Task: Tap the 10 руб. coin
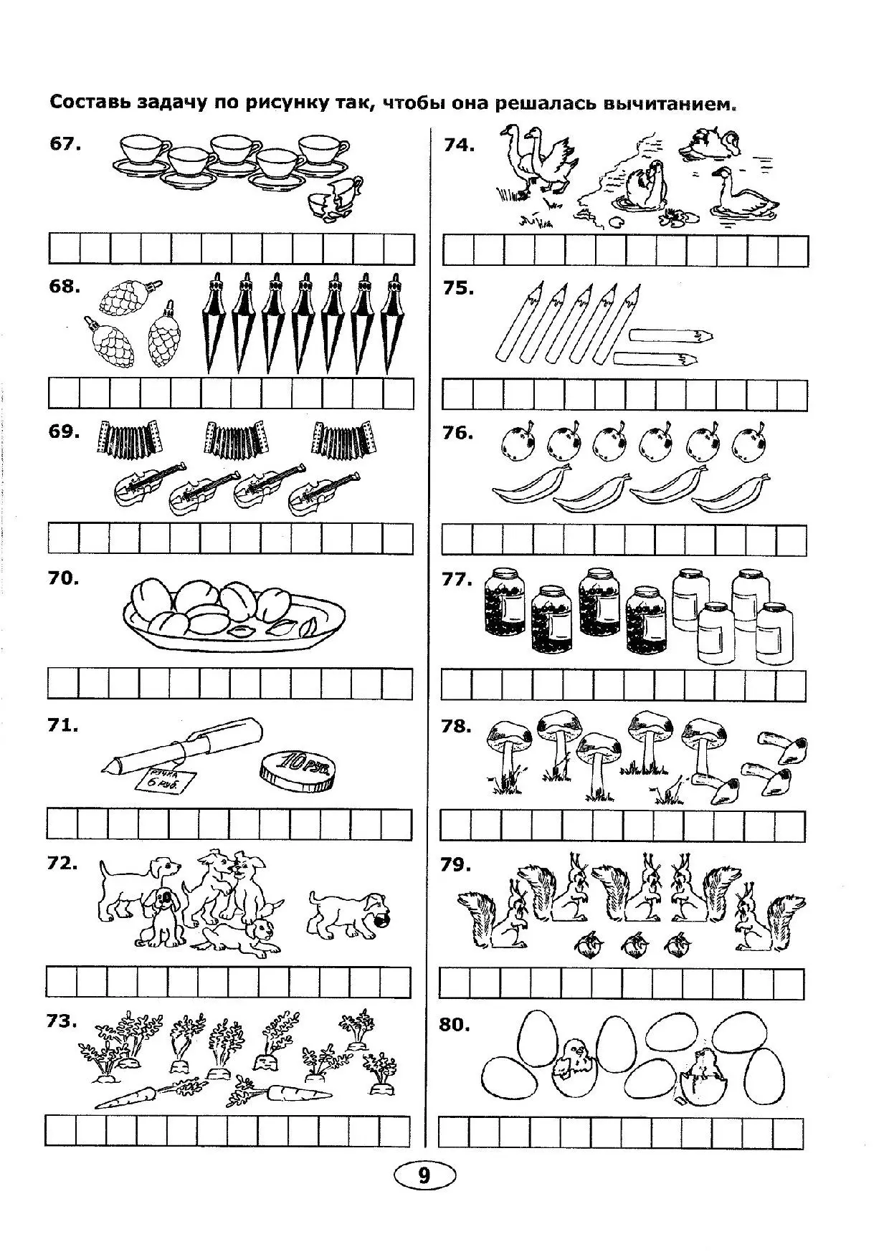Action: [296, 771]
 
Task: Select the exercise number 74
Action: [459, 145]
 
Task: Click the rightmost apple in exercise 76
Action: [748, 443]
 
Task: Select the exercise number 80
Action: [455, 1025]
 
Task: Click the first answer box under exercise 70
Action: [63, 684]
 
